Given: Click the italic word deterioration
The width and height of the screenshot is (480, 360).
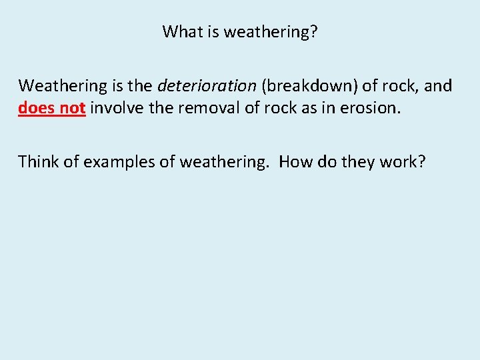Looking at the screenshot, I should (x=207, y=86).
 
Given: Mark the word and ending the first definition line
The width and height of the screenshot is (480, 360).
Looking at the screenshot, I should (x=438, y=86).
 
